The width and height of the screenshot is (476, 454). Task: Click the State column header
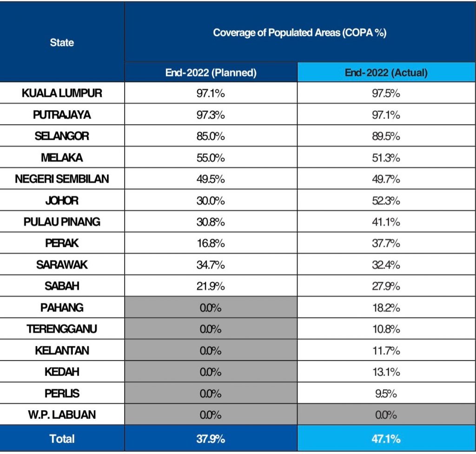click(x=62, y=42)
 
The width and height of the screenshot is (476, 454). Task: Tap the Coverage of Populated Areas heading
click(x=300, y=33)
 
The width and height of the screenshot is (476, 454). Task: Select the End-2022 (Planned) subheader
click(x=211, y=73)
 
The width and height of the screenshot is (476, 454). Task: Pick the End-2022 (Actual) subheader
click(x=386, y=73)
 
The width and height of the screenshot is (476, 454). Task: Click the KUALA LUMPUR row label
click(x=62, y=93)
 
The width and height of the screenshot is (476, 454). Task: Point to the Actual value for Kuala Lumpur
click(x=386, y=93)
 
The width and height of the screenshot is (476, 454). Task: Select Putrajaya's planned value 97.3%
click(x=211, y=115)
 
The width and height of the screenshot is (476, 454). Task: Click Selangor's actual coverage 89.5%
click(x=386, y=136)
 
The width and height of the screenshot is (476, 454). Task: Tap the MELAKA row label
click(x=62, y=157)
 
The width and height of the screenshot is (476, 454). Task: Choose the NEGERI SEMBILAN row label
click(x=62, y=179)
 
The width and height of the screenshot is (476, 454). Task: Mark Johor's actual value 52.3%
click(x=386, y=200)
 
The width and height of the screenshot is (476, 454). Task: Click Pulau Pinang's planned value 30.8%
click(x=211, y=222)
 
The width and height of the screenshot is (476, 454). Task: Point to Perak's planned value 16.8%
click(x=211, y=243)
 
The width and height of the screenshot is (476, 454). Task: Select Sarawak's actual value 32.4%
click(x=386, y=264)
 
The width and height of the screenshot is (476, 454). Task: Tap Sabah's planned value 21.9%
click(x=211, y=286)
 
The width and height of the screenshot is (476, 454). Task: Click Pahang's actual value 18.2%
click(x=386, y=307)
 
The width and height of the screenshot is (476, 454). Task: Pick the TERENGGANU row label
click(x=62, y=329)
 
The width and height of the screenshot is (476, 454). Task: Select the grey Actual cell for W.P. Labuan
click(x=386, y=414)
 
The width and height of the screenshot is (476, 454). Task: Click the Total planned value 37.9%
click(x=211, y=438)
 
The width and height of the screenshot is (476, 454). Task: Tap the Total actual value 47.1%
click(x=386, y=438)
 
